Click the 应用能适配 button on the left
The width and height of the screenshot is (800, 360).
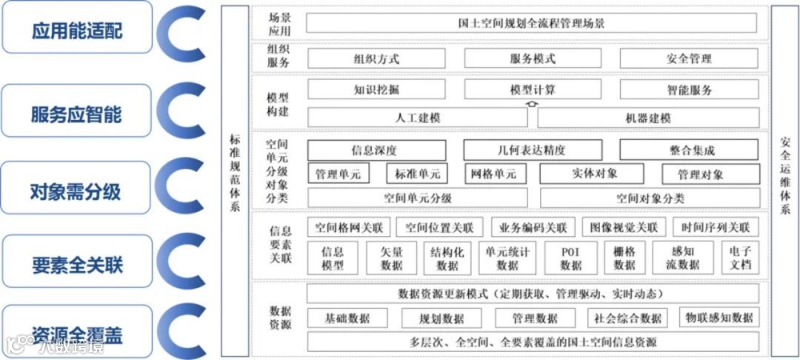pos(77,30)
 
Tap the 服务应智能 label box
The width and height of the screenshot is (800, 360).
pos(77,114)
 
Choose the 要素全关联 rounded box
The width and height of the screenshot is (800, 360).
pos(77,264)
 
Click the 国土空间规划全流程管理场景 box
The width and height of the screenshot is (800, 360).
pos(531,23)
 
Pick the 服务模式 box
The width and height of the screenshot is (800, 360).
pos(532,59)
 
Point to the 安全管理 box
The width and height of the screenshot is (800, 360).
pos(689,59)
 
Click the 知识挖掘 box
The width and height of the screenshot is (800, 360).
pos(376,90)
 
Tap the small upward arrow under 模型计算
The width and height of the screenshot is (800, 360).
pos(529,103)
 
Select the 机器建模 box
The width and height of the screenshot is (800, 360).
pos(648,118)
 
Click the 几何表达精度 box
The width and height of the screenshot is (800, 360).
pos(532,150)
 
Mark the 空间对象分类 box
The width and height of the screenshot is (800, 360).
pos(650,198)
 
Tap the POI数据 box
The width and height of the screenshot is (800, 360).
pos(570,258)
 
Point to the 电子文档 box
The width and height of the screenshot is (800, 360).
pos(740,258)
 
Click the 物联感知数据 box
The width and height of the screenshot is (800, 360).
pos(719,317)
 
